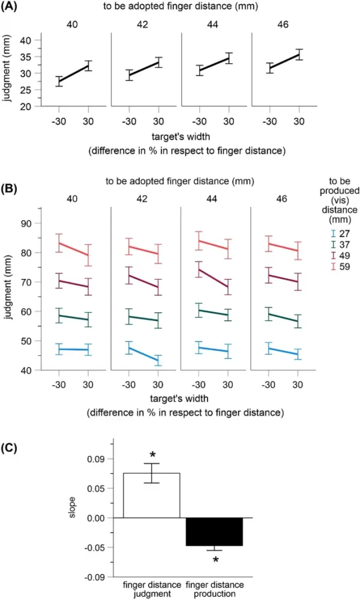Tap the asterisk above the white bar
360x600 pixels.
pyautogui.click(x=152, y=455)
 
